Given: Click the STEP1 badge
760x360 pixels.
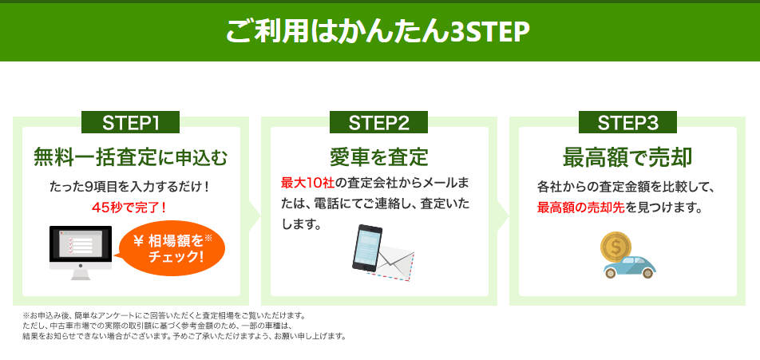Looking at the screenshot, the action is (x=130, y=123).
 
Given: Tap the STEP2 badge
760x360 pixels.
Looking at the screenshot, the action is (x=378, y=123).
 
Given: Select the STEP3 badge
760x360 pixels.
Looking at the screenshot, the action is (x=627, y=123).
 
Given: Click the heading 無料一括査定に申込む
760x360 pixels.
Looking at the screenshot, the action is (x=130, y=157).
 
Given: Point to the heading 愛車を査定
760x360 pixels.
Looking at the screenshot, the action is (x=379, y=157).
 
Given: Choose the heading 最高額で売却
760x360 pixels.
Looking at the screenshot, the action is (x=627, y=157).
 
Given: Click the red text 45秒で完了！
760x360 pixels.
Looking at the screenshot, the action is (x=129, y=208).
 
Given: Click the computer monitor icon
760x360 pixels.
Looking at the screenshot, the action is (x=81, y=252).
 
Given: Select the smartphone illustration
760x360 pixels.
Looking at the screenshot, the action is (x=367, y=247).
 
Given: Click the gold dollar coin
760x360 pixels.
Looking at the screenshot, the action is (x=616, y=247).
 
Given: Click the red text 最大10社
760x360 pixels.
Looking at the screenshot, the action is (x=308, y=184).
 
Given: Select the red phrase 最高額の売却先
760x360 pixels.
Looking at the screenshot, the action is (x=580, y=208).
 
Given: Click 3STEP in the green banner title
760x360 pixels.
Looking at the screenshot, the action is (x=489, y=32).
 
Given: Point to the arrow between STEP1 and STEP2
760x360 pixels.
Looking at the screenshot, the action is (x=255, y=216).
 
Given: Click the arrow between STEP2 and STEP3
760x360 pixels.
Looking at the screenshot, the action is (x=503, y=216).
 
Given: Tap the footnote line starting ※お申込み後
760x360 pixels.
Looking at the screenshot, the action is (x=164, y=316).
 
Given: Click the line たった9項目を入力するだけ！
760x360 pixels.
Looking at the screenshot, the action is (x=129, y=187).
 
